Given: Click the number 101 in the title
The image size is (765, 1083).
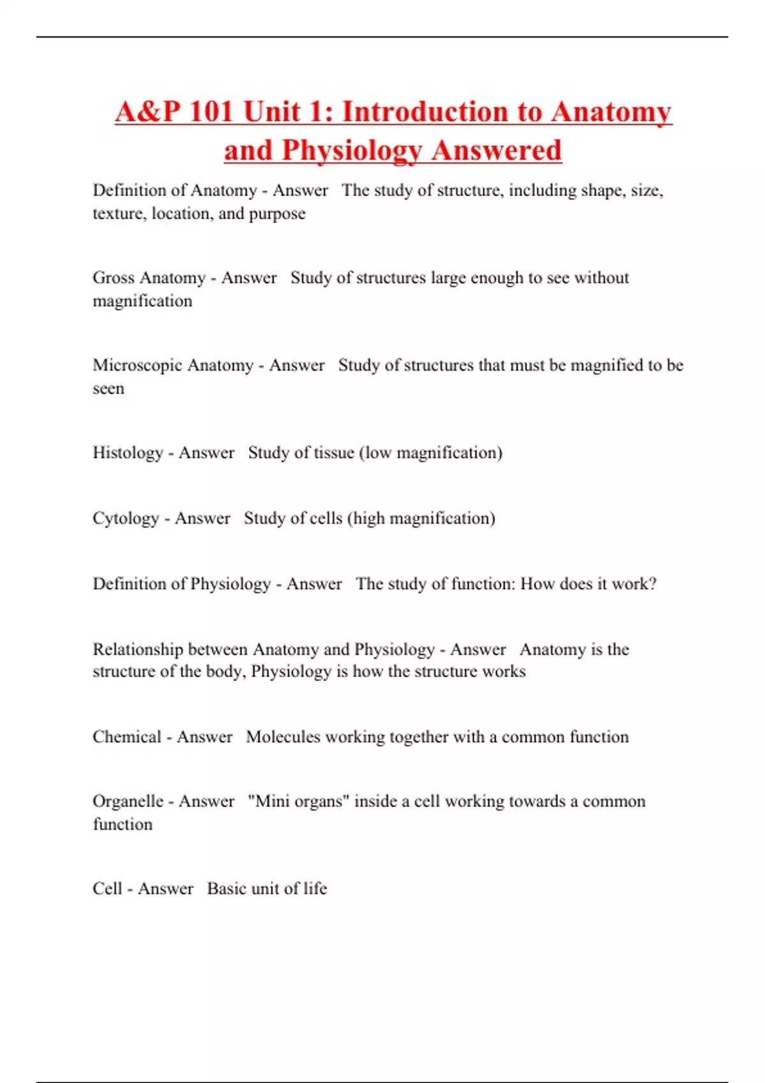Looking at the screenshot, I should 211,111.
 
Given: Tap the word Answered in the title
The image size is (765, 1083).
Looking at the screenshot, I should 496,150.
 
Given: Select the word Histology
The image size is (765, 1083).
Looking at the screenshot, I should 127,453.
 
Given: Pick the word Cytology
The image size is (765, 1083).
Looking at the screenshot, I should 126,519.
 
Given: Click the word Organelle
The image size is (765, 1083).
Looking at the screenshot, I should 127,801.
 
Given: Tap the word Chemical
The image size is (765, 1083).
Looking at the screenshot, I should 126,737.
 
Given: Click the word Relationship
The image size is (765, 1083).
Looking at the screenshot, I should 138,650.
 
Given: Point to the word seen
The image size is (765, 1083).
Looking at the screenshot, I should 108,389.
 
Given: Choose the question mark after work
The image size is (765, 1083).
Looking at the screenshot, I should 652,584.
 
